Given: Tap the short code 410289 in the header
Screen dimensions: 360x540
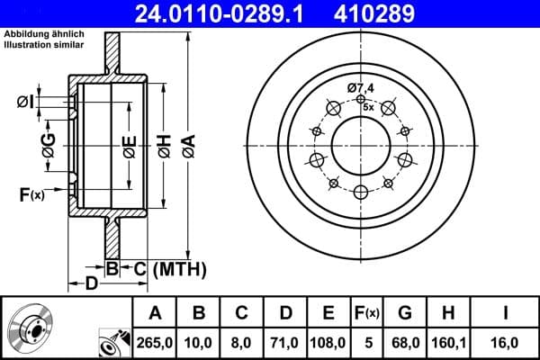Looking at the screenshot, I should point(402,13).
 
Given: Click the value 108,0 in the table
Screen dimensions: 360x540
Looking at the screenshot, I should point(328,342).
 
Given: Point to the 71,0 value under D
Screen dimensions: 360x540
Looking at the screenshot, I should point(285,342).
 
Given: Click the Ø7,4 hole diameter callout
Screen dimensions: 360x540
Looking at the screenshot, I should point(360,87).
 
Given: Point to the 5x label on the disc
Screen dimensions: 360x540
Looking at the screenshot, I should point(368,105).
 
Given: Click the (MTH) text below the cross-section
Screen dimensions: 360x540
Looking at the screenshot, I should point(179,268).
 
